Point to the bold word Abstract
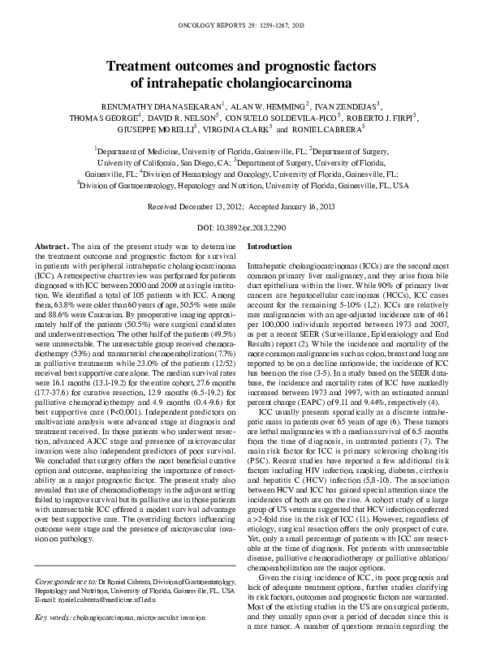click(52, 245)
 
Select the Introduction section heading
click(269, 245)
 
